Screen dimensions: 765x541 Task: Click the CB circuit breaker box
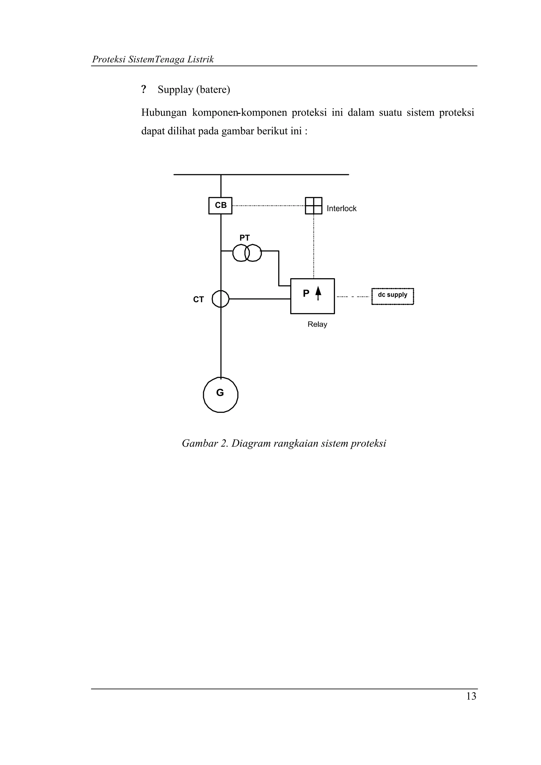click(x=220, y=206)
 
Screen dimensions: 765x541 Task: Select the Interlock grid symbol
click(x=314, y=206)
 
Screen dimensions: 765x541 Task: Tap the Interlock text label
click(x=341, y=209)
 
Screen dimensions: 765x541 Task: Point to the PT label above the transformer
click(x=244, y=238)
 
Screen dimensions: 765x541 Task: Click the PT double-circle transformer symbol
click(x=247, y=253)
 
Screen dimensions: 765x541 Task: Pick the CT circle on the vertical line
click(x=221, y=299)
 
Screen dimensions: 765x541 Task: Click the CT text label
click(x=198, y=300)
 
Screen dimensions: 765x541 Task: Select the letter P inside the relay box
click(x=306, y=293)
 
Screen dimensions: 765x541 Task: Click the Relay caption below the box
click(x=317, y=324)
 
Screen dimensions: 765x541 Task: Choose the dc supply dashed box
click(x=393, y=296)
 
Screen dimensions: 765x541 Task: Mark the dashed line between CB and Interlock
click(x=268, y=206)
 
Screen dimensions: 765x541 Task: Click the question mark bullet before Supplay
click(x=144, y=89)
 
